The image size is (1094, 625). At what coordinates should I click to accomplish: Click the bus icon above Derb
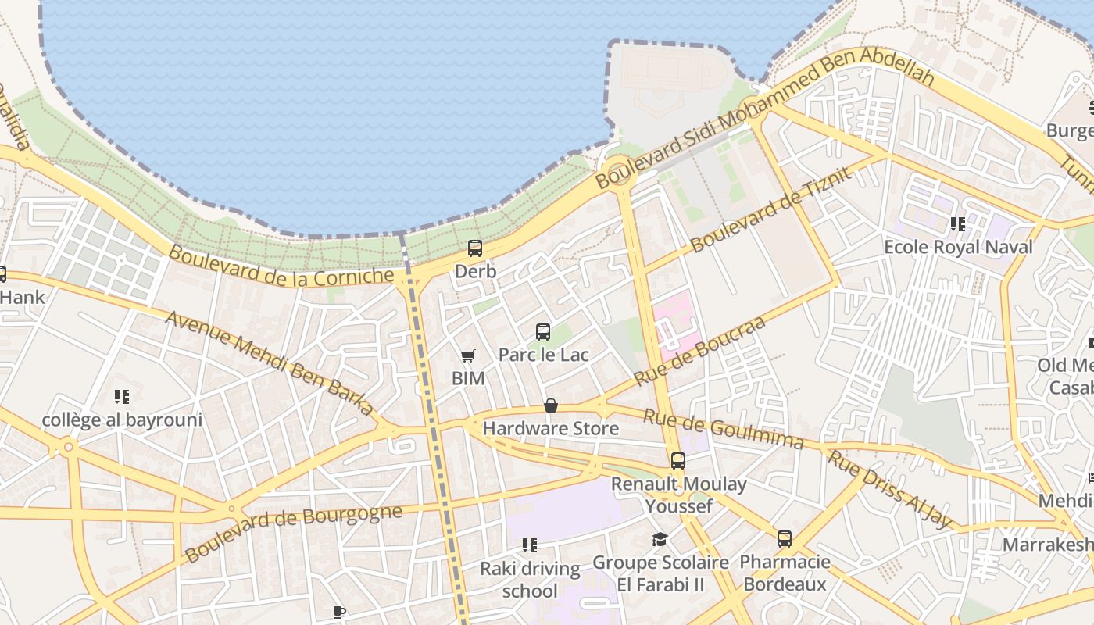pos(474,248)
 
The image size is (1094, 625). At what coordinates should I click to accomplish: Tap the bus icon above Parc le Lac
pos(543,331)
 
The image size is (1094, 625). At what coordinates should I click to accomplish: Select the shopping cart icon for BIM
pos(467,356)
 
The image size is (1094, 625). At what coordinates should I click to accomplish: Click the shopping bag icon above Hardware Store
pos(551,405)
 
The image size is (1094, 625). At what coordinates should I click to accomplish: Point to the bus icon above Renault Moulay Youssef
pos(677,461)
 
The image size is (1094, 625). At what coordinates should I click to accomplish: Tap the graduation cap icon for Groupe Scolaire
pos(660,539)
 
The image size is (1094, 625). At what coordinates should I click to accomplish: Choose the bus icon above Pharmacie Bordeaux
pos(784,539)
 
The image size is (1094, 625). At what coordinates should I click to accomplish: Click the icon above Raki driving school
pos(530,545)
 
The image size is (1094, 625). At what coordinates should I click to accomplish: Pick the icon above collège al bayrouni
pos(121,397)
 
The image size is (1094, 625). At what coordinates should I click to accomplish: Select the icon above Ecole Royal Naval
pos(958,224)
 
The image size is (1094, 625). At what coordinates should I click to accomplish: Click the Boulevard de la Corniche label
pos(281,266)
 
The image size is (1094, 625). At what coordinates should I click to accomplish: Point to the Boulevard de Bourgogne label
pos(294,533)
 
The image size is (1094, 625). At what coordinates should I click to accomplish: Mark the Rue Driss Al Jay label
pos(890,489)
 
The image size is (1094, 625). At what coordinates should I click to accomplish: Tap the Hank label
pos(23,298)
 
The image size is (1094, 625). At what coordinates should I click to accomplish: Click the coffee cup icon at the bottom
pos(338,612)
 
